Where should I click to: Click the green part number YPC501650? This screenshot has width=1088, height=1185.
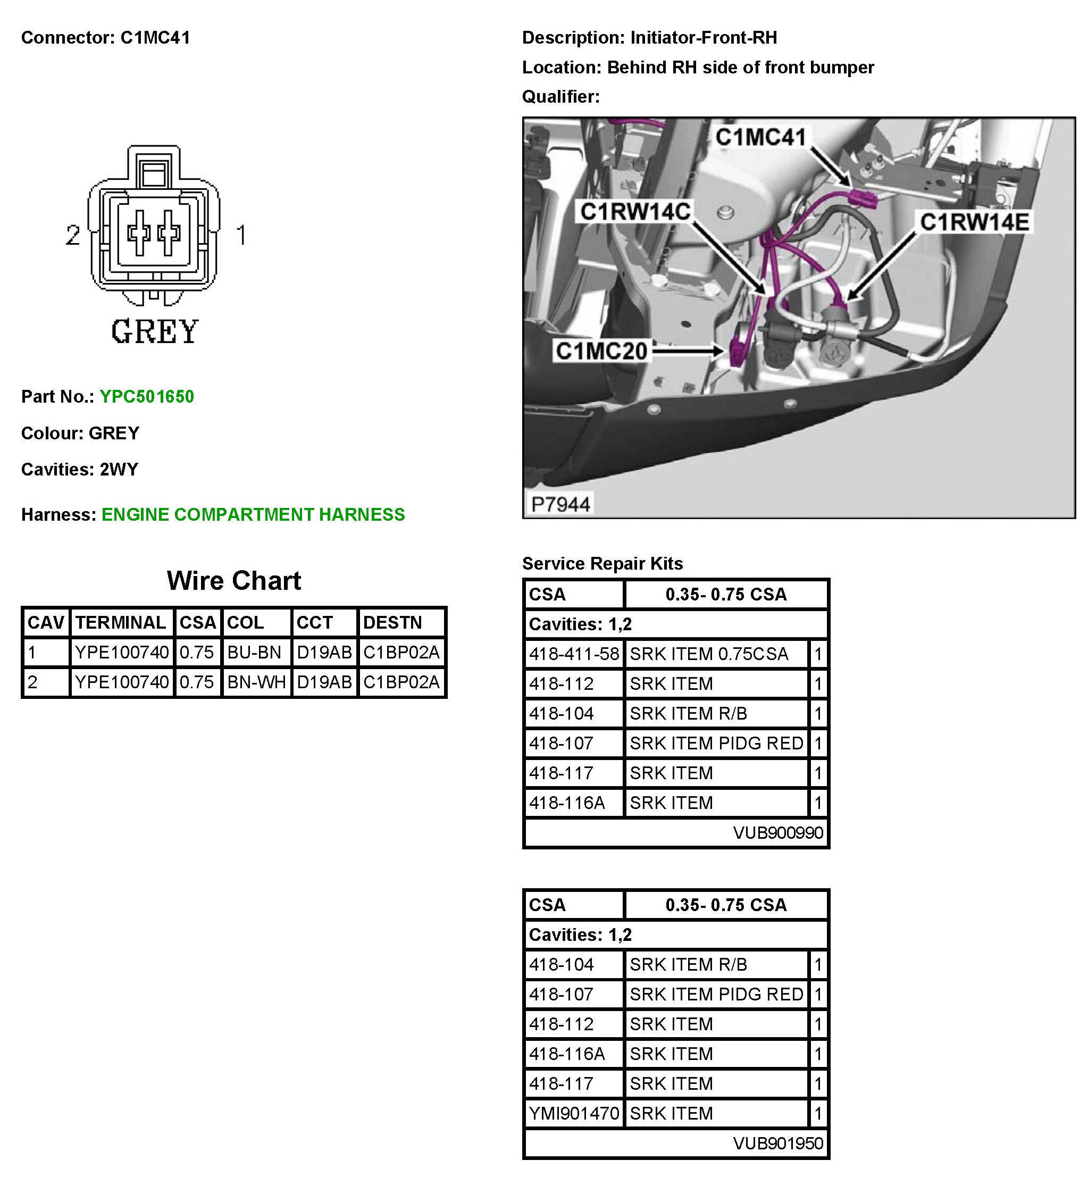click(x=147, y=396)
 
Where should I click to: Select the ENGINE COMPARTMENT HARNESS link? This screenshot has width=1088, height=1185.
click(x=253, y=514)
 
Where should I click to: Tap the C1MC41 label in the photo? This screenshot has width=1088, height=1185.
click(x=760, y=137)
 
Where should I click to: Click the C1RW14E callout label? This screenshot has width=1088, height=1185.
click(x=974, y=222)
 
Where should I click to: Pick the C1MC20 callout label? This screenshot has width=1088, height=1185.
click(x=602, y=351)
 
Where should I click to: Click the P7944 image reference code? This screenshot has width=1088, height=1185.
click(x=560, y=504)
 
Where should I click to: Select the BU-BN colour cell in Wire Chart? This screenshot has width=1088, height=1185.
click(x=254, y=652)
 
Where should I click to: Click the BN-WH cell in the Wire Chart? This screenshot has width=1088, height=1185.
click(x=256, y=682)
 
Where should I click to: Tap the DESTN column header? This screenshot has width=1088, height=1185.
click(x=392, y=622)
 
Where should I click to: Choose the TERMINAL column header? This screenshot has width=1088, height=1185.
click(x=121, y=622)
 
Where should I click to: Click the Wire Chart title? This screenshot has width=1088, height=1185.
click(x=234, y=581)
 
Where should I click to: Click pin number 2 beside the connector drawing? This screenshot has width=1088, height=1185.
click(x=73, y=235)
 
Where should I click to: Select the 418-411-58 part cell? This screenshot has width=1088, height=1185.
click(x=574, y=654)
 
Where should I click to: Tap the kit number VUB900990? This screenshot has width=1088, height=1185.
click(x=778, y=833)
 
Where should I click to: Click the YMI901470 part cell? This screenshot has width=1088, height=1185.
click(x=574, y=1113)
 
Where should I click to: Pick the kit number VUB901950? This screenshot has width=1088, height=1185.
click(x=778, y=1143)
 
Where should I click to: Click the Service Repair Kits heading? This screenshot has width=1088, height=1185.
click(x=602, y=564)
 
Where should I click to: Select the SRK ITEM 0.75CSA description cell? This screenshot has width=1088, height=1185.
click(x=709, y=654)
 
